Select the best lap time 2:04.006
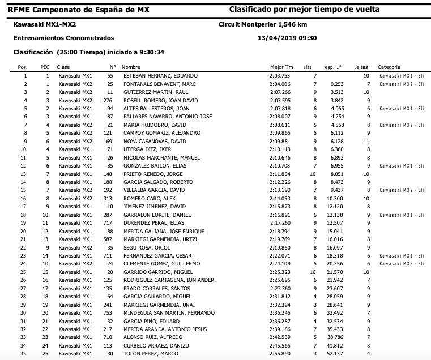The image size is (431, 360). pos(279,84)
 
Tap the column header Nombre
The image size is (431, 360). pos(131,67)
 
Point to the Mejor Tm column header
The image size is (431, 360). pos(281,67)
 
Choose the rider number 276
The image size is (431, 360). pos(109,100)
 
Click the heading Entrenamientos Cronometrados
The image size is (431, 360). pos(63,38)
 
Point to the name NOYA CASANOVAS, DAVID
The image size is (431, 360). pos(146,141)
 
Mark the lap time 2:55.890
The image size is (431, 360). pos(279,354)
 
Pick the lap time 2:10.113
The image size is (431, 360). pos(279,149)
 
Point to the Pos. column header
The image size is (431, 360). pos(23,67)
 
